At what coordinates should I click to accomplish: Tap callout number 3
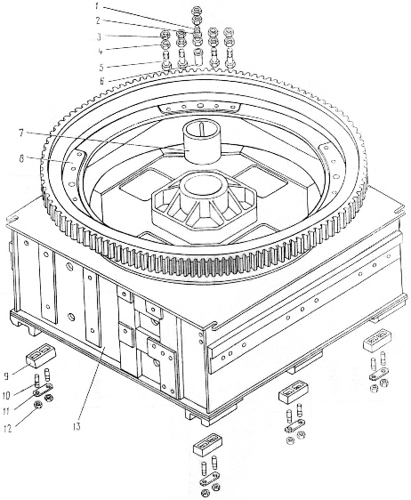99,36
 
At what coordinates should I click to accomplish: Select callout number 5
101,68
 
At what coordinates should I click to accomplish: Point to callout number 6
102,81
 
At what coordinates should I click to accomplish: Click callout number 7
20,133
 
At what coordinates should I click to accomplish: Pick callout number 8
21,158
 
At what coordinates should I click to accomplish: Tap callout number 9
6,377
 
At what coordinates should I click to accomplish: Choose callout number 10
7,395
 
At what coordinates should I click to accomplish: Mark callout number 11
7,411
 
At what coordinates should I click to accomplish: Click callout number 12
7,429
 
